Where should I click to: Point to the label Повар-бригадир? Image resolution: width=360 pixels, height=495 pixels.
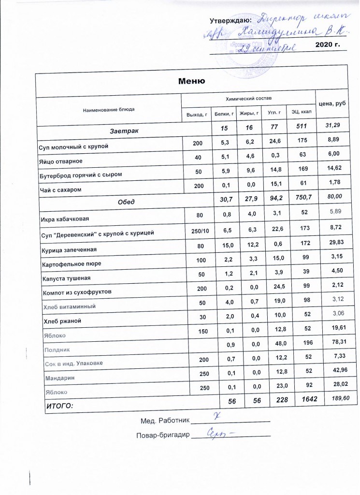pyautogui.click(x=164, y=436)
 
